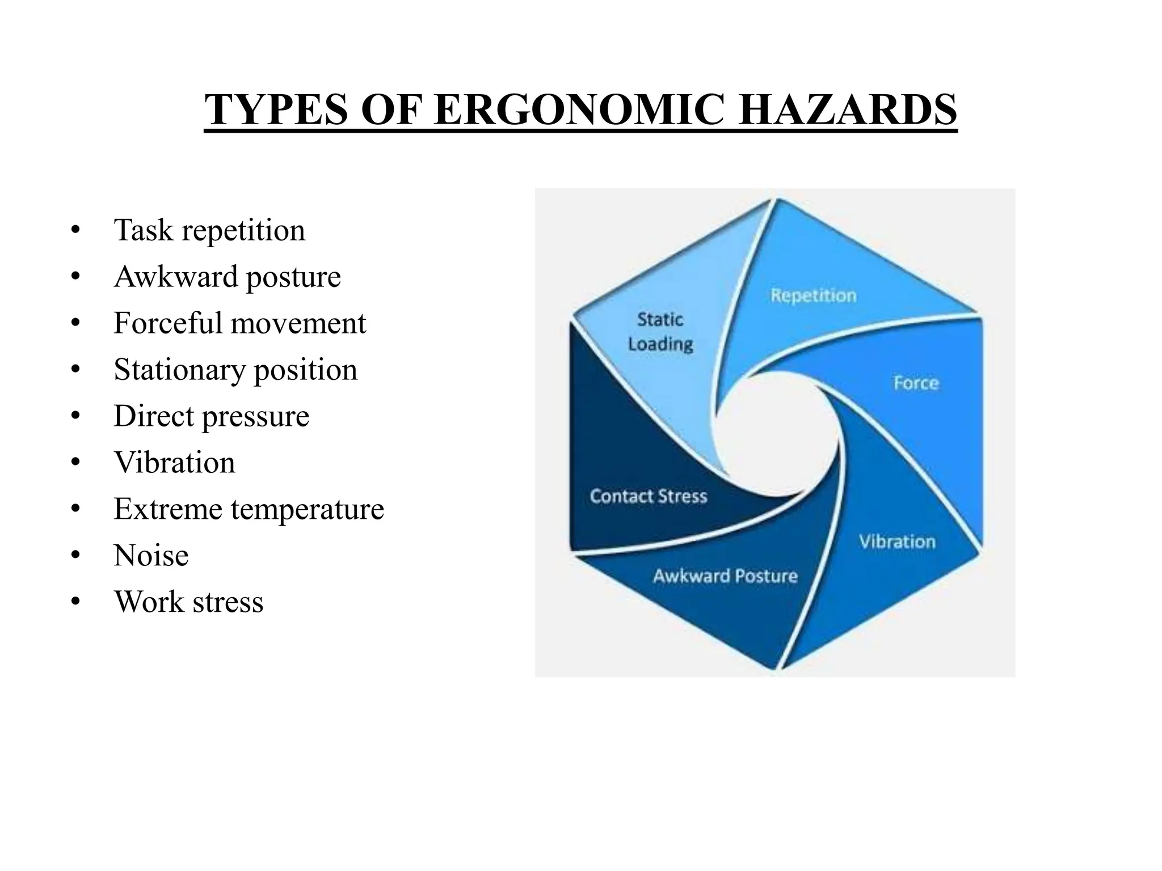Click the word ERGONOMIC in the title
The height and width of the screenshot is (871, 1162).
[x=579, y=109]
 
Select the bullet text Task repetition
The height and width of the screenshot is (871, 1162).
[x=209, y=230]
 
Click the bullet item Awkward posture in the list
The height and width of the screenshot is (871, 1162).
[x=227, y=277]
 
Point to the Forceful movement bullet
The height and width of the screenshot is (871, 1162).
[x=239, y=323]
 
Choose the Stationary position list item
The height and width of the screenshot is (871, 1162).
[x=235, y=370]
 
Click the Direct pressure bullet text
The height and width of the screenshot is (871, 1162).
[x=211, y=416]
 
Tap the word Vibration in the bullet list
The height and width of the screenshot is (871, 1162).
[x=174, y=463]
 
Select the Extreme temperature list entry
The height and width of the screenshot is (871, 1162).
[x=249, y=509]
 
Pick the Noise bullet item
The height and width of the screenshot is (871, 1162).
[x=151, y=556]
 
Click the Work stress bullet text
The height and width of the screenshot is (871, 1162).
[x=188, y=602]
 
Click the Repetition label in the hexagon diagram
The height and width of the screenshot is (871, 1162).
[x=813, y=295]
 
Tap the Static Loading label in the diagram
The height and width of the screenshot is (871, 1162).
[x=660, y=332]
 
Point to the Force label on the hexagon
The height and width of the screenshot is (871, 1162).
[x=916, y=383]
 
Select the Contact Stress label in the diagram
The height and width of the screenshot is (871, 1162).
[x=649, y=497]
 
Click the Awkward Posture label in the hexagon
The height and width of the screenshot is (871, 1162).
[x=725, y=576]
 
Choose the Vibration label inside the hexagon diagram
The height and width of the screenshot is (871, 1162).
[x=896, y=542]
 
